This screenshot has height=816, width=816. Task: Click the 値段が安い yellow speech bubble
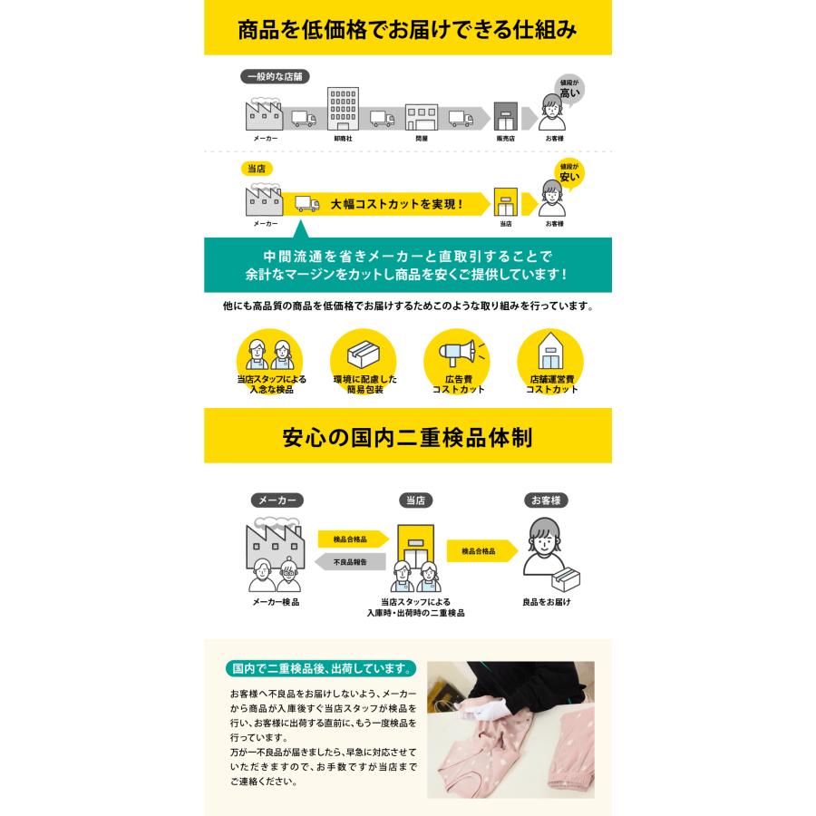(568, 172)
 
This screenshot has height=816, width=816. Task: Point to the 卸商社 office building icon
(343, 110)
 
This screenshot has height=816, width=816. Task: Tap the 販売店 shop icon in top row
(504, 116)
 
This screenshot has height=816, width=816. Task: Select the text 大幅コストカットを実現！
(397, 204)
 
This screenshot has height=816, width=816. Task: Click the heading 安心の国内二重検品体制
(407, 437)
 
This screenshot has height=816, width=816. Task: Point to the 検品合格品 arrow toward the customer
(481, 551)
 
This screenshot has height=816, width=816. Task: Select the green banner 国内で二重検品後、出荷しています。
(321, 670)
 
